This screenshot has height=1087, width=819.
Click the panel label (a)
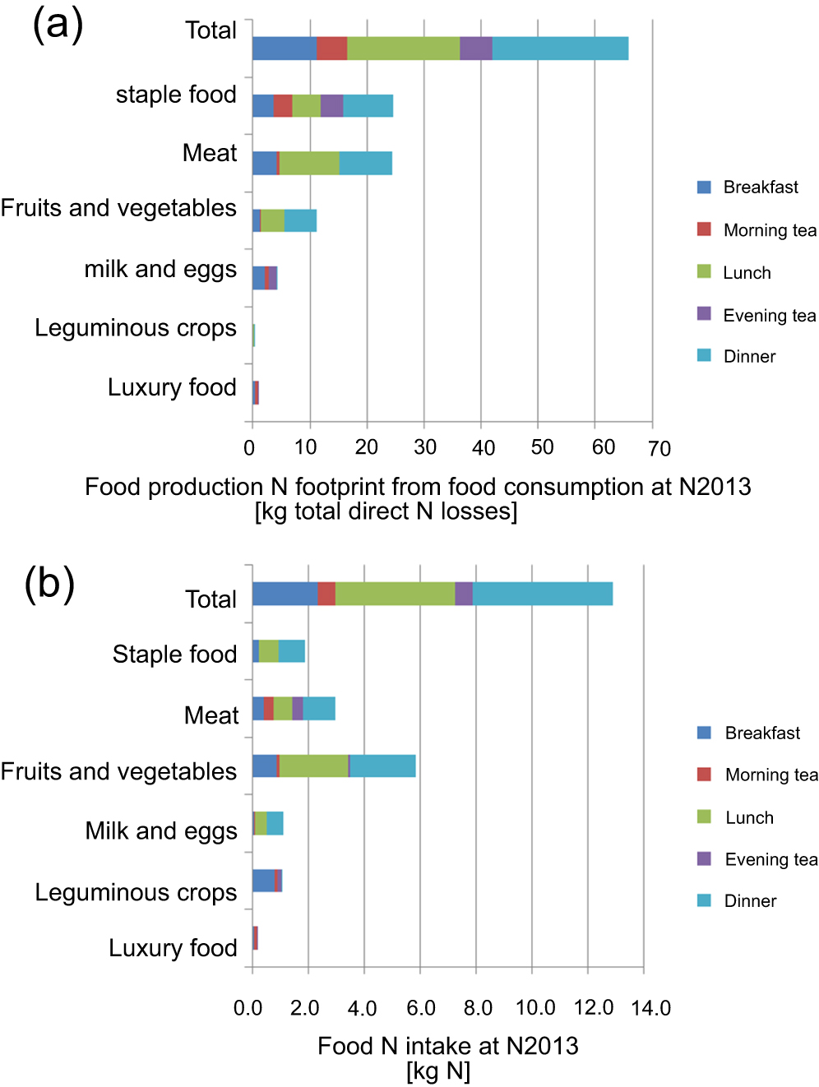[x=58, y=24]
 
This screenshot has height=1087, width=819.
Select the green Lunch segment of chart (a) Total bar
[x=403, y=49]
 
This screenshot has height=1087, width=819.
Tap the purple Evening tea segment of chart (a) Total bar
[x=475, y=49]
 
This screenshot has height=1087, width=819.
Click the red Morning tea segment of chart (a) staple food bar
[x=282, y=106]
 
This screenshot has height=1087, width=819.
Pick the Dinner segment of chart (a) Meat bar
[x=365, y=164]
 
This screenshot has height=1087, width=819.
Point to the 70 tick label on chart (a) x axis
[x=659, y=448]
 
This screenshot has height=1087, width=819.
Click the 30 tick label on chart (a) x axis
[x=424, y=447]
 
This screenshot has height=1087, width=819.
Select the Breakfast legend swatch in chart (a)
[x=704, y=187]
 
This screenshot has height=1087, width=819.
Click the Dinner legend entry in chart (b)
[x=749, y=900]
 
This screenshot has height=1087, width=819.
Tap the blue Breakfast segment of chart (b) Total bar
[x=285, y=594]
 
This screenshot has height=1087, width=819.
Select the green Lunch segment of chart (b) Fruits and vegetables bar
[x=313, y=766]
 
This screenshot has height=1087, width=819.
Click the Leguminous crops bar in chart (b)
[x=266, y=881]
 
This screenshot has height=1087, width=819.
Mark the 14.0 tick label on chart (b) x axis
[x=650, y=1008]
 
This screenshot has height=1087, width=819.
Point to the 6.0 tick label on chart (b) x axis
[x=420, y=1008]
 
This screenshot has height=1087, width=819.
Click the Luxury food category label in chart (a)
[x=172, y=387]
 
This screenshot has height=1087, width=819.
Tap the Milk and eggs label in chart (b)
[x=161, y=830]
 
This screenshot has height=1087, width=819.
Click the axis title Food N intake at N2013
[x=447, y=1046]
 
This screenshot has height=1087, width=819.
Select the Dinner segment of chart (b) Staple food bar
[x=291, y=651]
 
